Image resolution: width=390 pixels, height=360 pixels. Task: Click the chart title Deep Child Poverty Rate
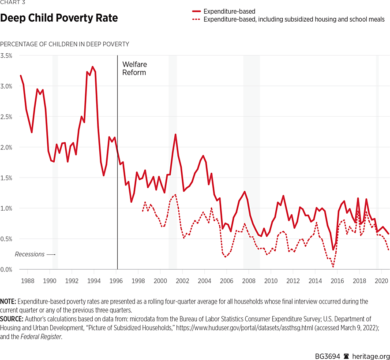coord(59,19)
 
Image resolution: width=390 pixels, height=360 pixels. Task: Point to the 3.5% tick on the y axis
coord(7,56)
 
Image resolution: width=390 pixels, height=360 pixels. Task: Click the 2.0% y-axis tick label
coord(7,147)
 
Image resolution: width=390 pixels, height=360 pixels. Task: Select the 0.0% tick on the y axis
coord(7,269)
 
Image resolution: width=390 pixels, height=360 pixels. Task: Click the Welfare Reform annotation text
coord(135,68)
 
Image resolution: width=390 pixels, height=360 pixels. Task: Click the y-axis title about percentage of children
coord(65,44)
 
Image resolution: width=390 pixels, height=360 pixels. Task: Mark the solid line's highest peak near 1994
coord(92,67)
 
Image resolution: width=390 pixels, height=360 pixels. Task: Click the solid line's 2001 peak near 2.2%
coord(176,134)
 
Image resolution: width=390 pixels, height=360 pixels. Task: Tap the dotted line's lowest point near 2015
coord(333,267)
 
